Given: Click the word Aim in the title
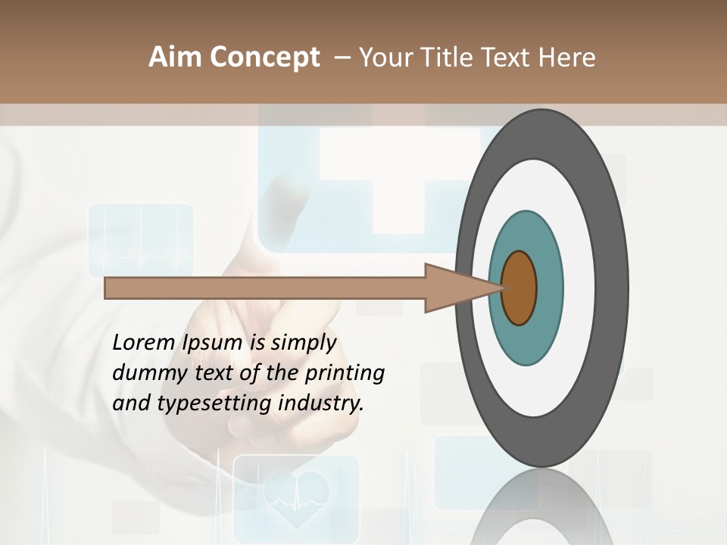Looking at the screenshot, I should click(176, 58).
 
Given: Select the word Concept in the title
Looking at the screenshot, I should click(264, 58).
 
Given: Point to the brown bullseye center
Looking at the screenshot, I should click(519, 288).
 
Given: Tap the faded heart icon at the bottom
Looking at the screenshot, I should click(296, 496).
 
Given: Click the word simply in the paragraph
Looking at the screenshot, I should click(303, 343).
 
